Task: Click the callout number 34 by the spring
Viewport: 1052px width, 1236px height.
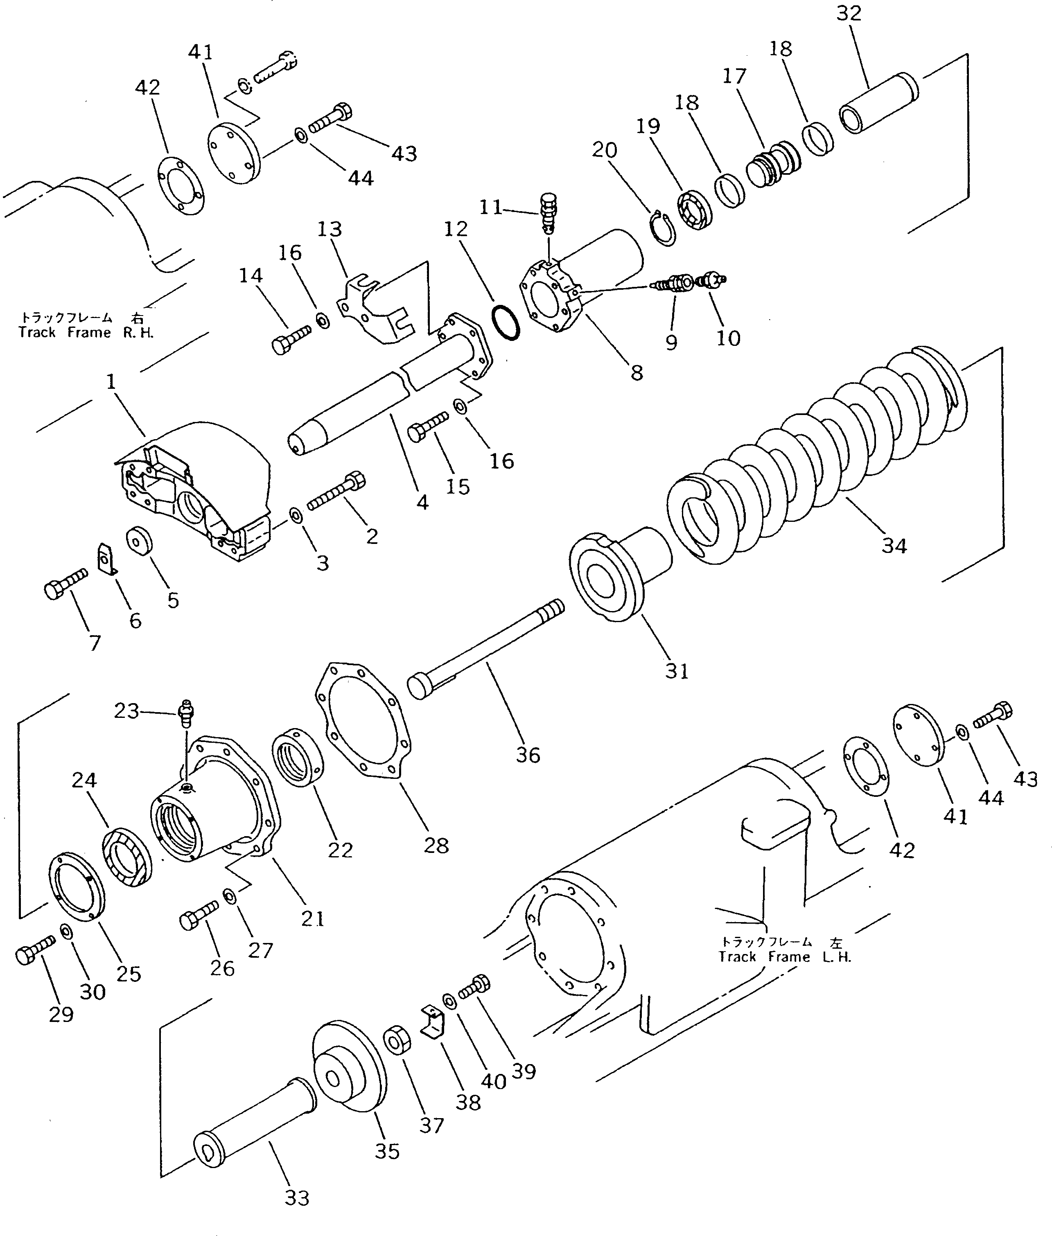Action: [894, 546]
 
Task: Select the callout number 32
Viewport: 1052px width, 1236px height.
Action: [849, 13]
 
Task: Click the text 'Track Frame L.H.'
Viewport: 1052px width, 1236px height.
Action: [785, 956]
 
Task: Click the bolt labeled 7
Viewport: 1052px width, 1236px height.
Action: [65, 583]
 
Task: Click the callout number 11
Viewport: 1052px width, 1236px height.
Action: [491, 207]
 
